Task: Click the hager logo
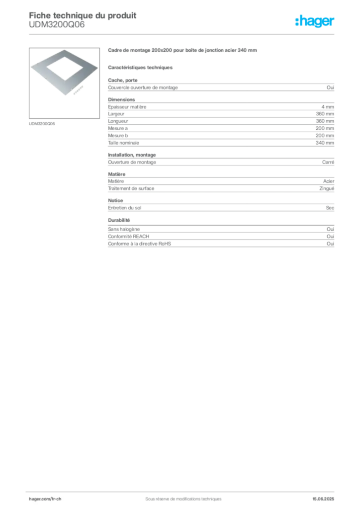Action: [315, 21]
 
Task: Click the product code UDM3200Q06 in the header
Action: [57, 25]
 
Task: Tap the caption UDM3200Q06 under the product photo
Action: [42, 124]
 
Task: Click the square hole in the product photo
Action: [65, 68]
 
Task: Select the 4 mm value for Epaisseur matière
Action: [328, 107]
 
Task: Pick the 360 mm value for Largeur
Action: [325, 114]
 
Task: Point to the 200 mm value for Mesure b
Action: [325, 136]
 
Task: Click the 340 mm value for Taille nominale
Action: [325, 143]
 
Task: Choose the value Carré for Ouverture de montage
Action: [328, 163]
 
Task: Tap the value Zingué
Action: [327, 188]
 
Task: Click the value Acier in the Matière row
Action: [329, 181]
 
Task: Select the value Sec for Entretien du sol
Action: [330, 208]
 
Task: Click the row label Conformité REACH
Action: [129, 237]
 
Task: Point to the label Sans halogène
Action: [124, 229]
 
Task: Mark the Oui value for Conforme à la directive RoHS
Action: [330, 244]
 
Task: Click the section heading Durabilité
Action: [119, 220]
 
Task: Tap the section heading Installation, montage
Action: [132, 155]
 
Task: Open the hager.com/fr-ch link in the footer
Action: [45, 499]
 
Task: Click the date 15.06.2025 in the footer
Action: [323, 499]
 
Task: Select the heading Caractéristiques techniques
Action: [140, 68]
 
